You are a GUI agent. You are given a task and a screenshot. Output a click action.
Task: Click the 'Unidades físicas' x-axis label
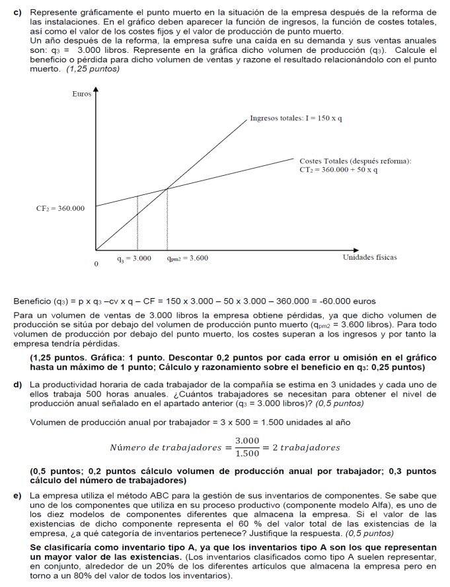tap(369, 257)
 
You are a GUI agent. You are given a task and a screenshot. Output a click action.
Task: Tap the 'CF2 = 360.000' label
tap(60, 208)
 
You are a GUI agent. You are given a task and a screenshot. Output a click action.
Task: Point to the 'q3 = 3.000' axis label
tap(134, 258)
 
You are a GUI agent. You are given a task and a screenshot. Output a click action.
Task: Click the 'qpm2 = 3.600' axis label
tap(188, 258)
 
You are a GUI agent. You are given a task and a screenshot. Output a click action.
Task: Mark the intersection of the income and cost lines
tap(167, 189)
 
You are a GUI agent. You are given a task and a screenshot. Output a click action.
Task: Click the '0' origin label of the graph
tap(96, 264)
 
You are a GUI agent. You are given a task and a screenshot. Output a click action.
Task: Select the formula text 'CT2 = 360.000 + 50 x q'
tap(338, 170)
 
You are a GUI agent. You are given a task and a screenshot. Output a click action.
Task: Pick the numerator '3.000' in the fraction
tap(247, 440)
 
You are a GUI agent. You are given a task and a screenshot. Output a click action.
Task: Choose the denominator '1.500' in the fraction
tap(247, 453)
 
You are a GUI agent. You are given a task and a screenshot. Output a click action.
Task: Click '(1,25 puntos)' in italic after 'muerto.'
tap(93, 68)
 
